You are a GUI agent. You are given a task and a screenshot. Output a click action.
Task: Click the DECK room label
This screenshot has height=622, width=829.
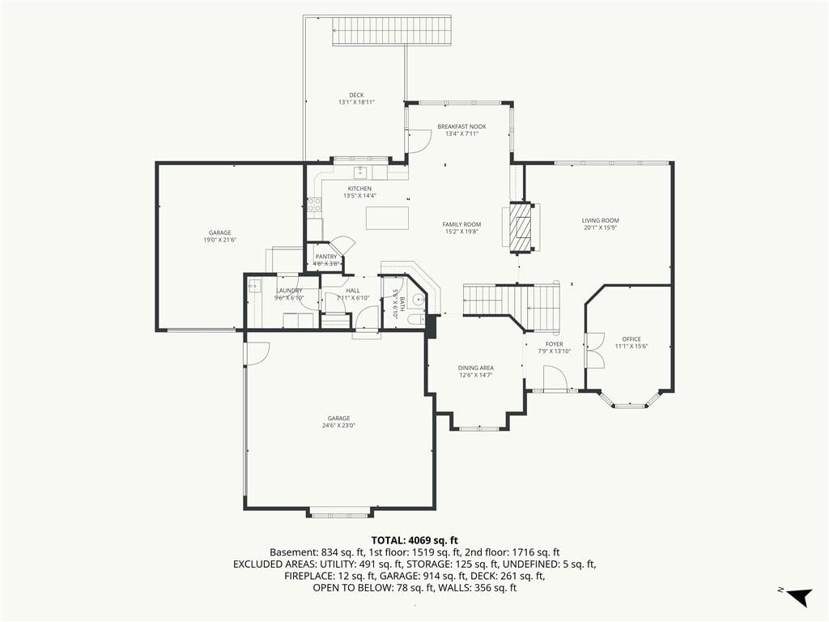tap(356, 96)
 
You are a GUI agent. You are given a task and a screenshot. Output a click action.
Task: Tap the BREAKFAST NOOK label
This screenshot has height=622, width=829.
tap(461, 126)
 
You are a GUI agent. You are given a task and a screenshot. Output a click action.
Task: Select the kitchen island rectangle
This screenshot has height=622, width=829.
tap(388, 218)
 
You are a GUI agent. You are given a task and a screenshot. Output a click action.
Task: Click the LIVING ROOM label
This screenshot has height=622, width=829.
tap(600, 220)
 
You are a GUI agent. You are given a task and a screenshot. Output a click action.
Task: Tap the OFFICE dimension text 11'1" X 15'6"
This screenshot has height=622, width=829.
tap(631, 347)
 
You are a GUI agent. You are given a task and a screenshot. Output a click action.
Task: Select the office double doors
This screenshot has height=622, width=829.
tap(595, 350)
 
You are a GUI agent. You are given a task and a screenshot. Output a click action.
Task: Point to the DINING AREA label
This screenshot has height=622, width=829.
tap(476, 369)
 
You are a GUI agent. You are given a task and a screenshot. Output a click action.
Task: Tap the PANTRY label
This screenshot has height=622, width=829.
tap(326, 257)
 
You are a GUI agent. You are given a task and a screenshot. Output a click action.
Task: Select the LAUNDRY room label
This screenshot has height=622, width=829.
tap(289, 291)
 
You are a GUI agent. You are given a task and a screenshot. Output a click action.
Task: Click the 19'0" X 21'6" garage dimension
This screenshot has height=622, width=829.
tap(220, 240)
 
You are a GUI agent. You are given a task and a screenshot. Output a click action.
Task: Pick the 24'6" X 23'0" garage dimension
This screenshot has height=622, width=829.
tap(339, 425)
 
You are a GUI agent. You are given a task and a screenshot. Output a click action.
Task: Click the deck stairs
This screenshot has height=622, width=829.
tap(392, 30)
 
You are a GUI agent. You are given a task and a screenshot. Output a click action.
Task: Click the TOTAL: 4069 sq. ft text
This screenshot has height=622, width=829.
tap(414, 540)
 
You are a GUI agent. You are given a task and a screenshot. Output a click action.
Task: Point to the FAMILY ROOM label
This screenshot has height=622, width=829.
tap(461, 224)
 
